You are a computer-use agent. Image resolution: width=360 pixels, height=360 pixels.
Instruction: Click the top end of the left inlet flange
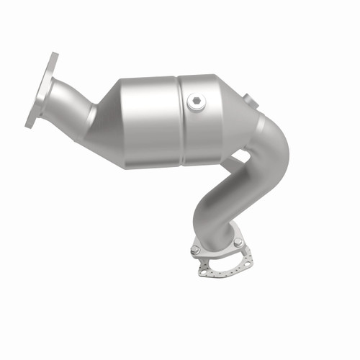tap(54, 57)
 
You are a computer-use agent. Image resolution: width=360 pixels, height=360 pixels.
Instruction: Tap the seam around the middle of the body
tap(180, 119)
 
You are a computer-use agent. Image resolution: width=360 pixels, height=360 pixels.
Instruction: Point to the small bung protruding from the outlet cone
tap(249, 99)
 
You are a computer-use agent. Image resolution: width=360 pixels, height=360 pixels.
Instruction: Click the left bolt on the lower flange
tap(195, 250)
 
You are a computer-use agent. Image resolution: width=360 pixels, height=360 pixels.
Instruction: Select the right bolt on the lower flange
tap(238, 243)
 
